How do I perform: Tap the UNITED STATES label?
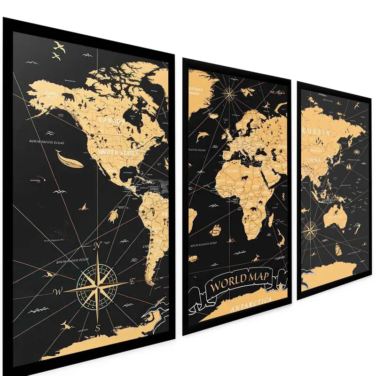[x=119, y=153]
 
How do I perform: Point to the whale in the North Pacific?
[x=69, y=158]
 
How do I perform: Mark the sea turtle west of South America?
[x=115, y=216]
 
